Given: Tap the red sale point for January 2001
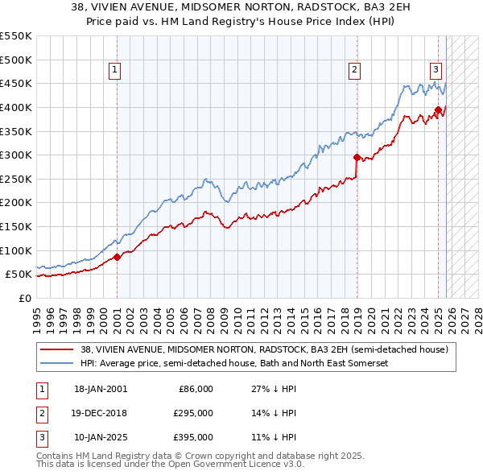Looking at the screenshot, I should pyautogui.click(x=117, y=257).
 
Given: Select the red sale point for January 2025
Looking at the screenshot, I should pyautogui.click(x=438, y=109).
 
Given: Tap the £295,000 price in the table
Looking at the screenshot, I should pyautogui.click(x=194, y=413).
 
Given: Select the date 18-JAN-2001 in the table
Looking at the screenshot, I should pyautogui.click(x=100, y=389).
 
